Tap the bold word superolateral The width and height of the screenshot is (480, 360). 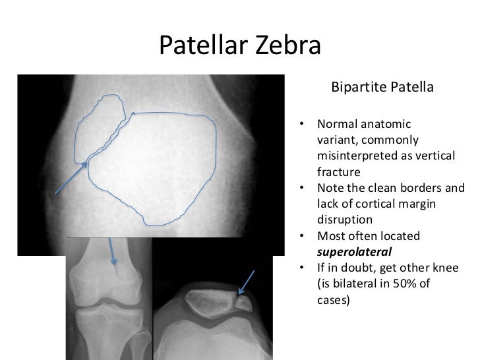354,251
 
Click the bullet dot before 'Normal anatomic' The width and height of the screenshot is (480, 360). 302,125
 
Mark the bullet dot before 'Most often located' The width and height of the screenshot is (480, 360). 302,236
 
